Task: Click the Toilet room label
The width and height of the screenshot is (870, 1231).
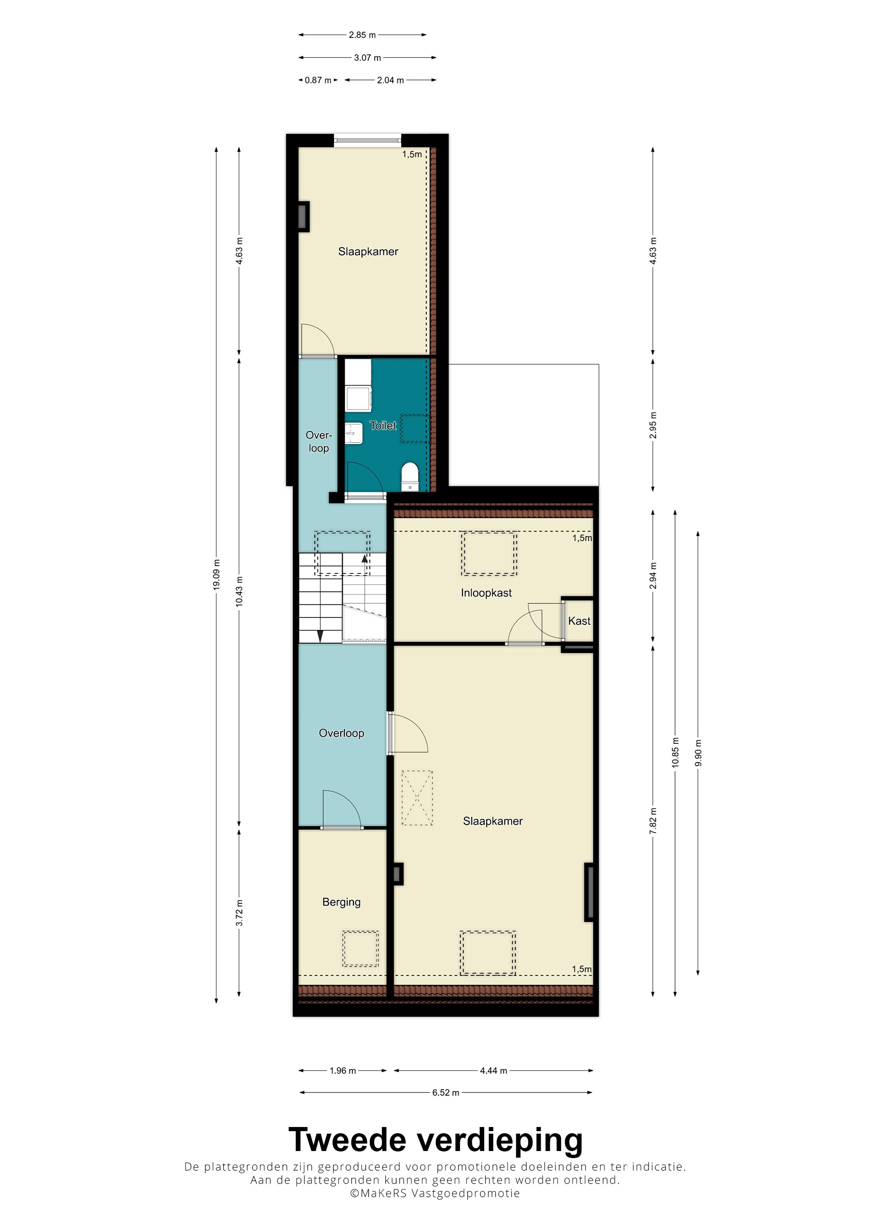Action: point(383,426)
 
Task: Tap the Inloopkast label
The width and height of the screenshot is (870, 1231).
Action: point(486,593)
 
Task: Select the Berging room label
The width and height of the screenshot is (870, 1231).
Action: point(341,902)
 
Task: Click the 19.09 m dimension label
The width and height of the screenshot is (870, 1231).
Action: point(217,575)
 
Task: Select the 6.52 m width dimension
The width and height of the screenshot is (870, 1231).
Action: point(445,1093)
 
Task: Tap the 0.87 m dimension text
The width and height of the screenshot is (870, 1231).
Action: point(318,80)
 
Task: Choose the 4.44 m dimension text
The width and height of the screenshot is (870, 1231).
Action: point(493,1071)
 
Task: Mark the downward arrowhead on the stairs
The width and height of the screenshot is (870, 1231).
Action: point(320,636)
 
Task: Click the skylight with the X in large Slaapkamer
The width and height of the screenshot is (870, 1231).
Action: point(417,798)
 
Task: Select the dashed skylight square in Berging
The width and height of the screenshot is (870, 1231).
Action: point(361,948)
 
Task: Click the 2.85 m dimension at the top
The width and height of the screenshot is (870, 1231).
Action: point(362,35)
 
